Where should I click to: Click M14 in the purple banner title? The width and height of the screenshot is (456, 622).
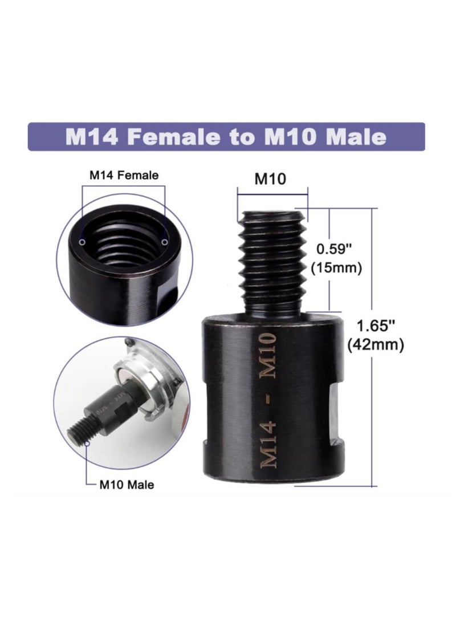click(x=91, y=137)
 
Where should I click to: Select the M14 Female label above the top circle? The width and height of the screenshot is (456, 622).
click(x=124, y=176)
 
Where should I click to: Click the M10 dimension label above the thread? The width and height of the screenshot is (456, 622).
click(x=270, y=179)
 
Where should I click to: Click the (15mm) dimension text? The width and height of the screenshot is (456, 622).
click(x=337, y=267)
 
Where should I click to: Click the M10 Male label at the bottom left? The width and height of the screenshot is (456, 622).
click(x=126, y=485)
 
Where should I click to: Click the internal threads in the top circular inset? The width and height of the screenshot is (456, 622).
click(x=123, y=245)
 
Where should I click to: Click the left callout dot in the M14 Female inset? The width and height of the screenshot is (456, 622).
click(x=83, y=242)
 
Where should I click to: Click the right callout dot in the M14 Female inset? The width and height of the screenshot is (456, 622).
click(x=165, y=242)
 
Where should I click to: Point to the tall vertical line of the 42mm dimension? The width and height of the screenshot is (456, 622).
click(x=373, y=399)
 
